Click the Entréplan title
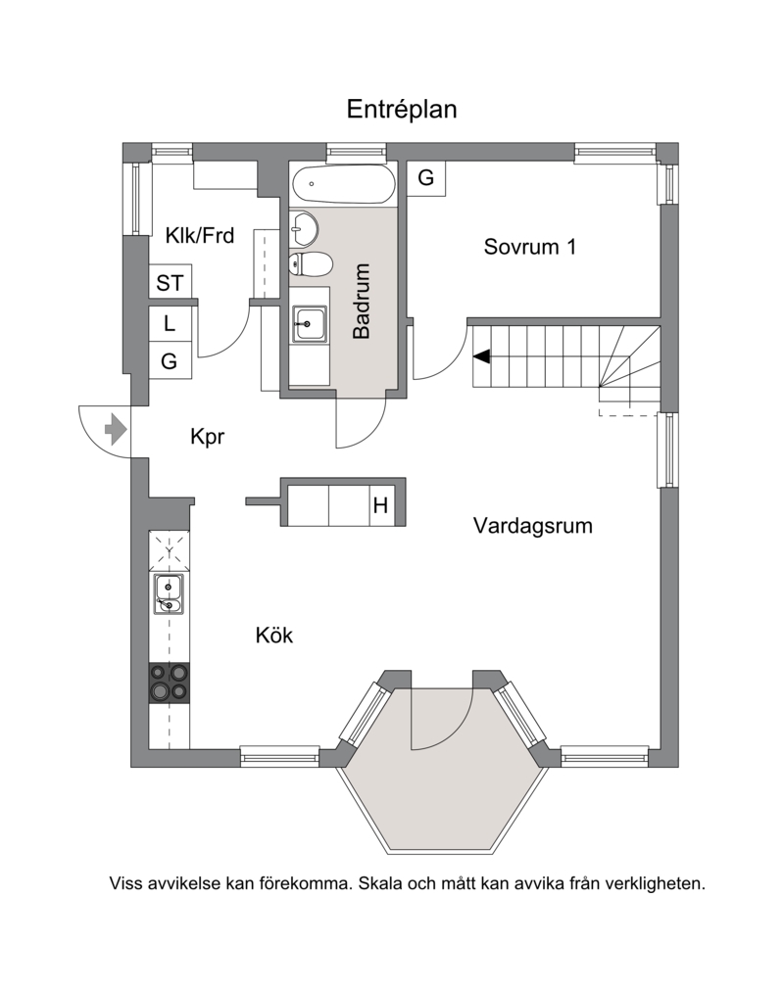click(401, 110)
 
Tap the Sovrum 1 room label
click(530, 247)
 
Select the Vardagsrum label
click(532, 526)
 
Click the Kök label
click(273, 635)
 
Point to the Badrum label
click(361, 301)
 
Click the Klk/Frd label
click(200, 236)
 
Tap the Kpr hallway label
click(207, 437)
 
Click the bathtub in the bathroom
click(344, 184)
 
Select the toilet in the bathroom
click(311, 263)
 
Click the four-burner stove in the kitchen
click(170, 683)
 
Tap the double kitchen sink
click(169, 594)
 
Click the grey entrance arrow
click(116, 429)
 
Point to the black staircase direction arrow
click(482, 356)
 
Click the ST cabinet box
click(170, 282)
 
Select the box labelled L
click(170, 323)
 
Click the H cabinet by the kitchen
click(380, 504)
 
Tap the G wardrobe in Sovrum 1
click(426, 178)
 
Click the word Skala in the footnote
click(380, 882)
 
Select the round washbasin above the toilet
click(304, 228)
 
